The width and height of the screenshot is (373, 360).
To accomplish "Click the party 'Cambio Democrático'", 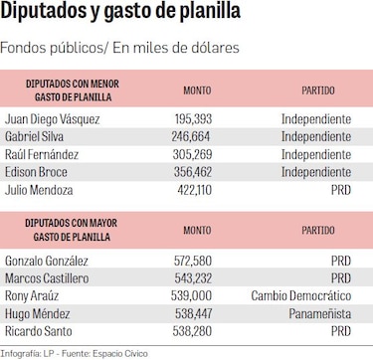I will coord(304,296).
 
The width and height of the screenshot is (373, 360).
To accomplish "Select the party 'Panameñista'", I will coord(319,314).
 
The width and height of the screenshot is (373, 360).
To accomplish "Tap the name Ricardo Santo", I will coord(41,332).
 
